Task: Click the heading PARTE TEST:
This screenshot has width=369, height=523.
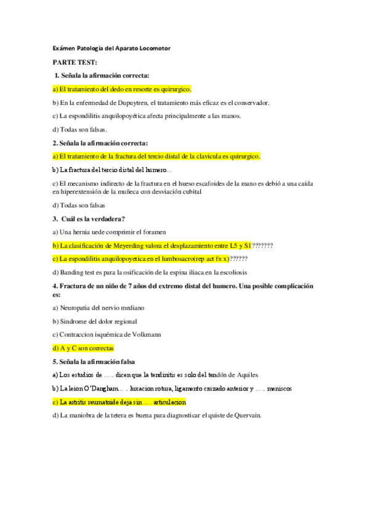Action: (x=75, y=62)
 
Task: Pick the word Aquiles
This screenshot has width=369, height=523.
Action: (x=245, y=374)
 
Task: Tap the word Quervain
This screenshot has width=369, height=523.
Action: (x=246, y=415)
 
